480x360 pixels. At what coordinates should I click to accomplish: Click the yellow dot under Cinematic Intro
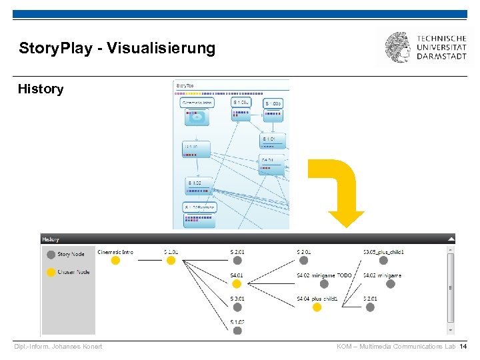point(115,261)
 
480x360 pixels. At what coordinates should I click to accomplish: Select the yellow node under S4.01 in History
point(237,284)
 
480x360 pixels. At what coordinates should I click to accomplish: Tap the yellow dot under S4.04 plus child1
point(317,307)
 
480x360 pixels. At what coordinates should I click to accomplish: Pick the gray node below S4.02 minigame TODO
point(317,284)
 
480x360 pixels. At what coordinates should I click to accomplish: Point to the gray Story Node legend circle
point(51,254)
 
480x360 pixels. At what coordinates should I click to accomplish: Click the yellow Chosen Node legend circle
point(51,272)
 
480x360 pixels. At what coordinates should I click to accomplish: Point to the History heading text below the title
point(41,89)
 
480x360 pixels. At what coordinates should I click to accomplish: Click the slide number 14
point(463,347)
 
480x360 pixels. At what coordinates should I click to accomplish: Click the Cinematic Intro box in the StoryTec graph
point(197,103)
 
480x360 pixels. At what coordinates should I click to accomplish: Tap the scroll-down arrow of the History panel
point(451,329)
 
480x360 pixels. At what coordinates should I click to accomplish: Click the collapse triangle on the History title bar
point(451,239)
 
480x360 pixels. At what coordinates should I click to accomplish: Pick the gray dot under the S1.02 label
point(237,330)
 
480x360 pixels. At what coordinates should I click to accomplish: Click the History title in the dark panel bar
point(51,239)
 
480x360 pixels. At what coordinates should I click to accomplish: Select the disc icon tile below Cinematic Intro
point(197,117)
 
